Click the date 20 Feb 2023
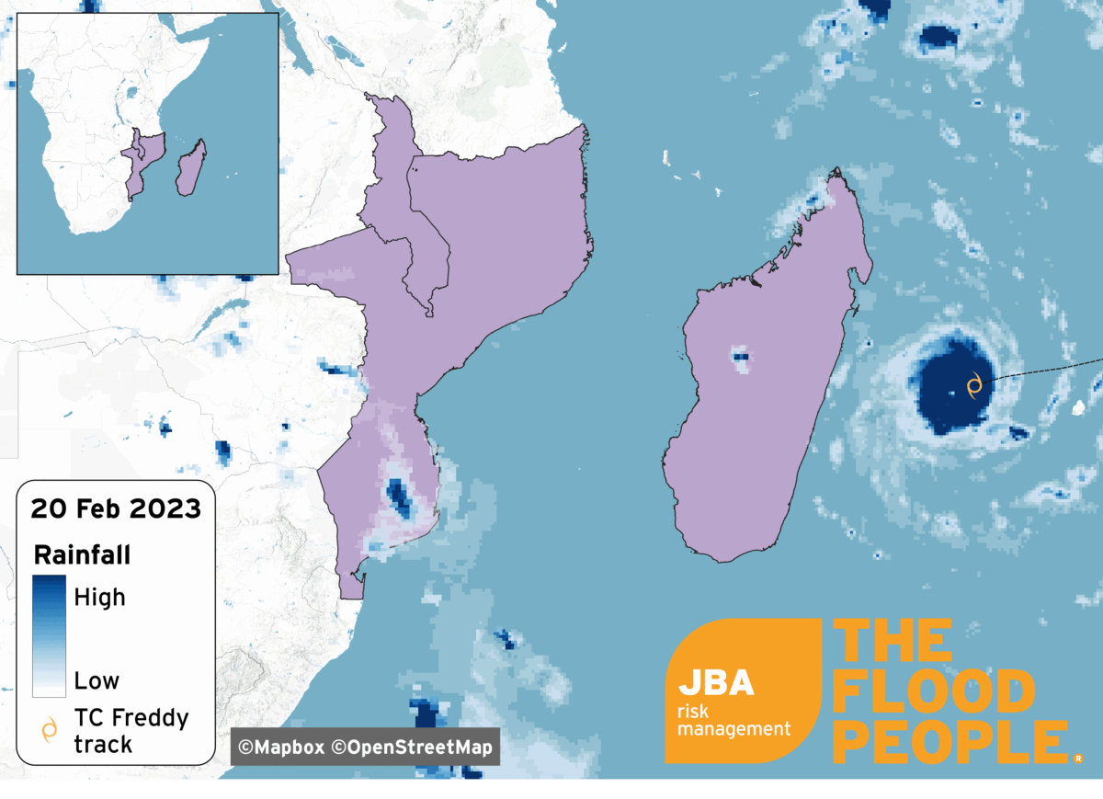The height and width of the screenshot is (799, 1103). point(116,508)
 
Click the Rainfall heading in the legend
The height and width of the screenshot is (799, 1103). point(82,555)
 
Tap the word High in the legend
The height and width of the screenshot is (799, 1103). point(99,598)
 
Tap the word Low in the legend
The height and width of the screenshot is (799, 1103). point(97,681)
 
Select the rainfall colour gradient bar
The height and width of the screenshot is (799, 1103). point(49,636)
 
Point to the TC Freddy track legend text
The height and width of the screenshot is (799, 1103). point(131,730)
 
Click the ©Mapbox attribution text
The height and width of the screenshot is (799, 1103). point(280,747)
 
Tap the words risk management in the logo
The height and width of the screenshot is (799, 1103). point(733,720)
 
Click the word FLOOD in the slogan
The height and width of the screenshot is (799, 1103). point(933,692)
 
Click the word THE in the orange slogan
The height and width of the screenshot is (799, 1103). point(893,642)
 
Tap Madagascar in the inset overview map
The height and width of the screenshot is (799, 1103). point(190,167)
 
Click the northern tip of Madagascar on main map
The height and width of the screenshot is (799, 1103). point(836,172)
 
